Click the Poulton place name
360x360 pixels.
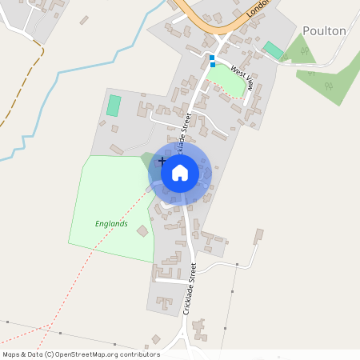tap(324, 31)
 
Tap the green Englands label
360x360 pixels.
tap(111, 224)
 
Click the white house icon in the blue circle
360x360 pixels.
tap(180, 171)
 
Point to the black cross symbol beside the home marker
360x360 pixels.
tap(162, 162)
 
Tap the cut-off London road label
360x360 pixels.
tap(258, 8)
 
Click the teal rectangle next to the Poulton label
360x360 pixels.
tap(274, 50)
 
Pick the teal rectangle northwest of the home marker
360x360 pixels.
tap(114, 105)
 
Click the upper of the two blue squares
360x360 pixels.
tap(211, 57)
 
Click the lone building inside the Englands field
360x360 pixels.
tap(142, 230)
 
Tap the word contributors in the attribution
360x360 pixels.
tap(140, 354)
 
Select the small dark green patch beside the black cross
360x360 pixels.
tap(148, 160)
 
